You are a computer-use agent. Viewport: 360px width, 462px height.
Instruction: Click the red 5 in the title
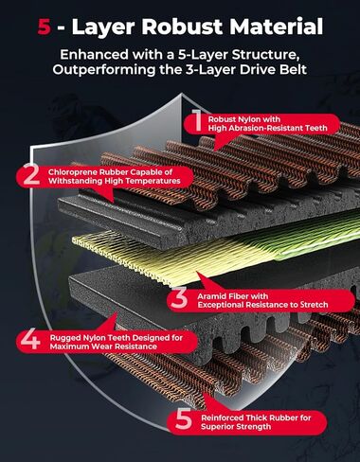(45, 27)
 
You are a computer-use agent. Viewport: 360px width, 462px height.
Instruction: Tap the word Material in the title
(276, 27)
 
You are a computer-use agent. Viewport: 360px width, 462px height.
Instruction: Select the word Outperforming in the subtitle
(104, 70)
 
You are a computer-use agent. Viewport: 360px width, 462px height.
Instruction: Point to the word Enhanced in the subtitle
(94, 55)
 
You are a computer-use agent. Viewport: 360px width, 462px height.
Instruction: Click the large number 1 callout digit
(197, 120)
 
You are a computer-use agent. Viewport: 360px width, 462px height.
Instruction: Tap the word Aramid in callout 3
(210, 296)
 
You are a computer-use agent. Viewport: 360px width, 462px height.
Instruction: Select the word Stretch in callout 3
(314, 305)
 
